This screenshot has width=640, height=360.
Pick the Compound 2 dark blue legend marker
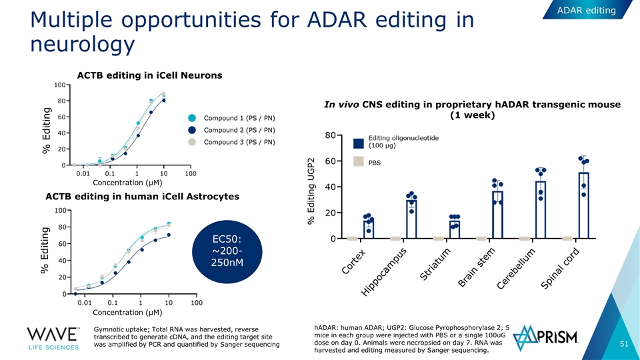pos(192,130)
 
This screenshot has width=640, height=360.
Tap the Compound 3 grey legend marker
pos(192,142)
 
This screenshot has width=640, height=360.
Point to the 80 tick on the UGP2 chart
pos(331,135)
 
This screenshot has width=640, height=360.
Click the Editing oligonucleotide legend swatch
pos(359,142)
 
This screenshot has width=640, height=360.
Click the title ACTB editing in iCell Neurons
pos(150,75)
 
